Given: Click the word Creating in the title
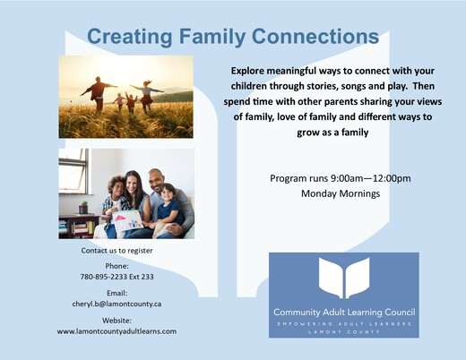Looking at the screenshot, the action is click(x=130, y=37).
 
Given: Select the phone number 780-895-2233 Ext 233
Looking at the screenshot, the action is click(x=116, y=277).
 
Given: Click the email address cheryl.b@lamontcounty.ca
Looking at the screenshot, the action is click(x=116, y=304).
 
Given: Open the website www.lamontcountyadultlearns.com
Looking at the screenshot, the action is click(x=116, y=331).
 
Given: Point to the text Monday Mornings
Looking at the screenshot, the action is click(x=341, y=193).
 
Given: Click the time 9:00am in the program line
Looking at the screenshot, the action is click(x=347, y=178).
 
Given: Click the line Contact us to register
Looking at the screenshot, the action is click(x=116, y=251).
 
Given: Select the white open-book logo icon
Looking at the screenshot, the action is click(x=344, y=278).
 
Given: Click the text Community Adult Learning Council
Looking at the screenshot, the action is click(x=344, y=313).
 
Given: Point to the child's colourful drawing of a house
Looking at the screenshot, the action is click(x=127, y=221).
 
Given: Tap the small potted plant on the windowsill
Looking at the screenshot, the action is click(x=83, y=208).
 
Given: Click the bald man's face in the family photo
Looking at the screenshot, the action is click(x=156, y=181).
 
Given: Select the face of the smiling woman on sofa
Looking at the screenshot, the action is click(x=131, y=184).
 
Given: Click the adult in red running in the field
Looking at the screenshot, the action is click(x=99, y=93).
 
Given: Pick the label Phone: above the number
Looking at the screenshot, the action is click(x=116, y=266).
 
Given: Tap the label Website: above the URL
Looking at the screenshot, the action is click(x=116, y=321).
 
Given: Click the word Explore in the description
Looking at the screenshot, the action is click(x=247, y=71).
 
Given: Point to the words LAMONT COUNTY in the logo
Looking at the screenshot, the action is click(x=344, y=332).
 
